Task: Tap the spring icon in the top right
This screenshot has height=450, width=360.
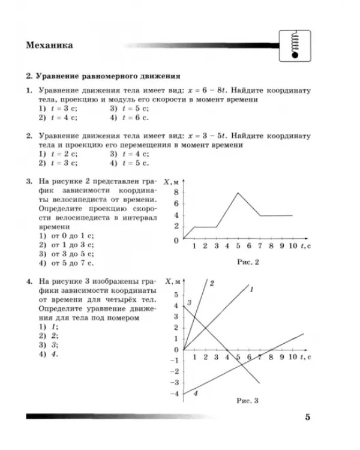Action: [293, 43]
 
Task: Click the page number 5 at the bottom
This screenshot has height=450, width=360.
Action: [307, 418]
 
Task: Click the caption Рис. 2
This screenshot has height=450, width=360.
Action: [247, 262]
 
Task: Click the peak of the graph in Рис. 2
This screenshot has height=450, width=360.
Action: [238, 193]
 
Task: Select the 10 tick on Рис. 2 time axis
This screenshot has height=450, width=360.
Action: [292, 247]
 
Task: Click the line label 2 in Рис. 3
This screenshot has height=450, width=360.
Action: [212, 283]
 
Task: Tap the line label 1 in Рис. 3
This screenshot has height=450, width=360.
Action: [251, 290]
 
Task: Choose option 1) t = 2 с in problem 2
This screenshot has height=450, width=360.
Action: [54, 154]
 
